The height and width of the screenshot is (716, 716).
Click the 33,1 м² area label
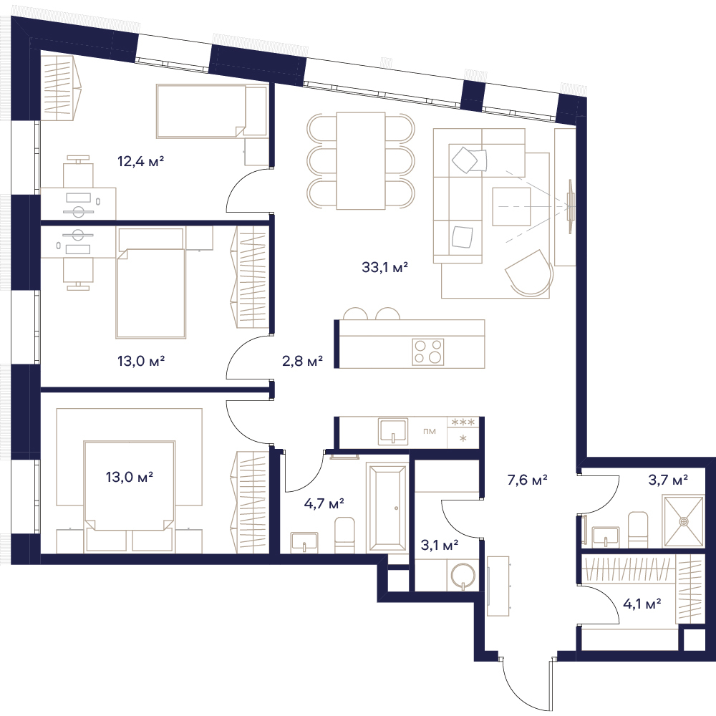[384, 267]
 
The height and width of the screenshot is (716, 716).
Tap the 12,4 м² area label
[140, 161]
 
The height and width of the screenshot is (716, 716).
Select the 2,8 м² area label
[302, 361]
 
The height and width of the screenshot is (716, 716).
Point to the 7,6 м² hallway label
[527, 480]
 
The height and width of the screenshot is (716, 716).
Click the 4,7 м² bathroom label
[324, 503]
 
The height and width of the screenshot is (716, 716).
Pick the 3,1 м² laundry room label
[440, 544]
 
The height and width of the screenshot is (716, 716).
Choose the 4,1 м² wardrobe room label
[642, 604]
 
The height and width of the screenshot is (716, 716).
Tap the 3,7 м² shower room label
[668, 480]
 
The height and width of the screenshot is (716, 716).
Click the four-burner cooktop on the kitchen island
[428, 352]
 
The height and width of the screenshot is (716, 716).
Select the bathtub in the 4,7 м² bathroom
[387, 508]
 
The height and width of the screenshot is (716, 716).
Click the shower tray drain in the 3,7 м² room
[684, 521]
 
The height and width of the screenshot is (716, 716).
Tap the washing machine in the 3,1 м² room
[463, 576]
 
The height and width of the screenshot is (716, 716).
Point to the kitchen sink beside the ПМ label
[392, 432]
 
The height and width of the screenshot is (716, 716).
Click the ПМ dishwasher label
[429, 432]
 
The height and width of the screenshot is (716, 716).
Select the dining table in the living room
[361, 160]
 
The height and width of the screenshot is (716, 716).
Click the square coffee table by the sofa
[511, 206]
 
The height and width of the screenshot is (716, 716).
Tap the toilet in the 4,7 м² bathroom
[345, 535]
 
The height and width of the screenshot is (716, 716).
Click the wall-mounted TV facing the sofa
[571, 206]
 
